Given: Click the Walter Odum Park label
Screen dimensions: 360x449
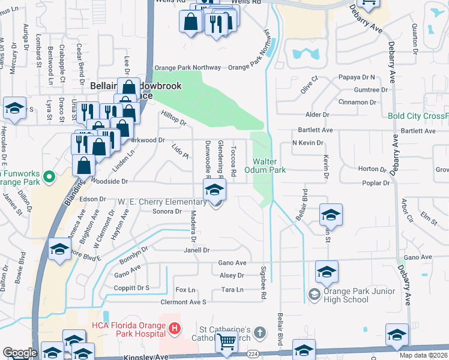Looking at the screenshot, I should tap(268, 166).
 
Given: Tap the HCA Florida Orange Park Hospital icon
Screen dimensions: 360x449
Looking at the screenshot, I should tap(175, 329).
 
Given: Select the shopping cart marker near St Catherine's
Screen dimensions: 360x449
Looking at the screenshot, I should tap(227, 341).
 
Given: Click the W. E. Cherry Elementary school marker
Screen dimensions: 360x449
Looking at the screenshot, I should tap(214, 191).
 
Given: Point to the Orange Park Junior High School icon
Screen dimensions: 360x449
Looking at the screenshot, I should tap(313, 294).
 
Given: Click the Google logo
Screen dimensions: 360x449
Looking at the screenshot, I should tap(20, 353).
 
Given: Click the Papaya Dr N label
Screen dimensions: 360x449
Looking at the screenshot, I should tap(357, 77).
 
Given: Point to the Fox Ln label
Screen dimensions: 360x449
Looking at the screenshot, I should tap(185, 290).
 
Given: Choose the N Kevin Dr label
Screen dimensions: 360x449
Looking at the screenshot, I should tap(307, 143).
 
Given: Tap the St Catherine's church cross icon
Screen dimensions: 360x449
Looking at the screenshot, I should tap(259, 332).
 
